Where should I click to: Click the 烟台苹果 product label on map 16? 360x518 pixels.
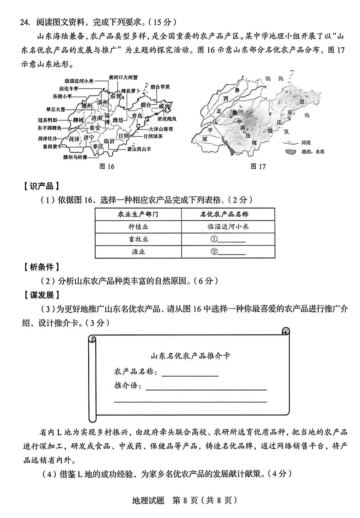click(160, 87)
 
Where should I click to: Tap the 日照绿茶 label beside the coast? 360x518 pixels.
click(153, 136)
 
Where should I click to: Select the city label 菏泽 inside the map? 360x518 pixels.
click(74, 139)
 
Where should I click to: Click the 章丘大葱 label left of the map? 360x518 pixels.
click(56, 109)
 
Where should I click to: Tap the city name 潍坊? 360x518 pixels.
click(118, 120)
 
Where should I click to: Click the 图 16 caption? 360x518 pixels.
click(107, 166)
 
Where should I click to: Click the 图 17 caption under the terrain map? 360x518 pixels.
click(258, 166)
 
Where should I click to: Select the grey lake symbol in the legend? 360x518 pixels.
click(291, 152)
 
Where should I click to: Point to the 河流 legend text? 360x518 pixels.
click(306, 143)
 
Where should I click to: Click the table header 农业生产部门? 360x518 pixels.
click(138, 214)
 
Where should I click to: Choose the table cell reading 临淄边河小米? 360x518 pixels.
click(228, 227)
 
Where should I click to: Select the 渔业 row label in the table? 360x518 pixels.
click(138, 251)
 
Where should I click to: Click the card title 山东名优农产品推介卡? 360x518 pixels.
click(190, 356)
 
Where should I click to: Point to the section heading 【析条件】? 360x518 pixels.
click(41, 267)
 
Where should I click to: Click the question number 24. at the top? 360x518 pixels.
click(25, 22)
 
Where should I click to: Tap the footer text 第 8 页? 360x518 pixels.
click(185, 500)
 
